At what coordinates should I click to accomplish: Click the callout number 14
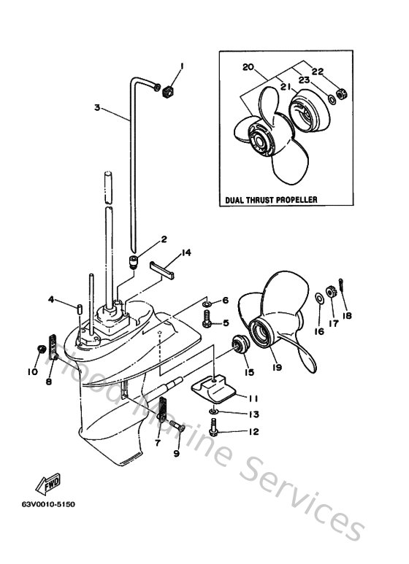187,252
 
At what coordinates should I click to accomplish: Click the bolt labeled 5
207,319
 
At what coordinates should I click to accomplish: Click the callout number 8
50,380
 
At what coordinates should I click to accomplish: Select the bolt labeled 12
213,431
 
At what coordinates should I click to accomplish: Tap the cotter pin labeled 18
343,295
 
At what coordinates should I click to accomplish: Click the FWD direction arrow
47,484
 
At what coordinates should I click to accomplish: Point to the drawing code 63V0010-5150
48,504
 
